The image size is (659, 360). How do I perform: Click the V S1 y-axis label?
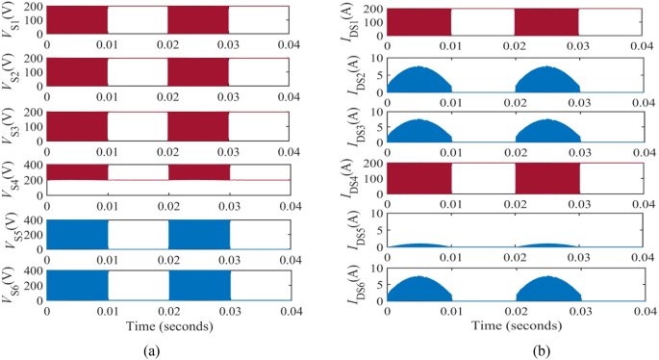(x=11, y=20)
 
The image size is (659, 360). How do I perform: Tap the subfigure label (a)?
(x=151, y=350)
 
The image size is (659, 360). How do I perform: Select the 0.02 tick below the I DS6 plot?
(x=514, y=313)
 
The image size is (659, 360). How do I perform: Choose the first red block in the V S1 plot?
(x=77, y=20)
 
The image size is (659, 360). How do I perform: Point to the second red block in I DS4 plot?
(x=546, y=180)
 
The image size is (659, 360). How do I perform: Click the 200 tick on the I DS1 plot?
(x=373, y=10)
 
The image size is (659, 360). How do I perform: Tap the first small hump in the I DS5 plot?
(x=418, y=245)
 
